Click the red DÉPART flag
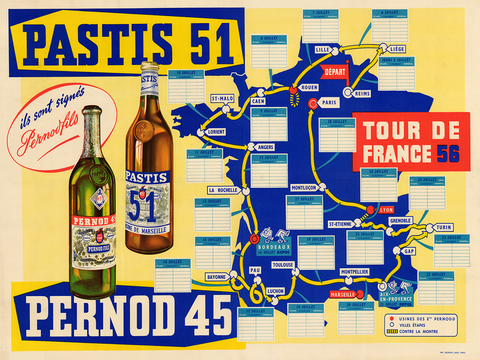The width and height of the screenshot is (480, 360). click(334, 72)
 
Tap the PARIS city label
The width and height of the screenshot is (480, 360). click(329, 102)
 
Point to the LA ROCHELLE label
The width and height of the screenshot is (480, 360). click(222, 189)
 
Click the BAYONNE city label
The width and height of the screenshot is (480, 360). click(217, 275)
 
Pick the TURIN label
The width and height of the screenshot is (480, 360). click(443, 227)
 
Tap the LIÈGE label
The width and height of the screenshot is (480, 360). click(397, 48)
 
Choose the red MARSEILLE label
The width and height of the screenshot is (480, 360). click(347, 295)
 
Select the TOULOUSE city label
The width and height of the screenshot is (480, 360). click(283, 265)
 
